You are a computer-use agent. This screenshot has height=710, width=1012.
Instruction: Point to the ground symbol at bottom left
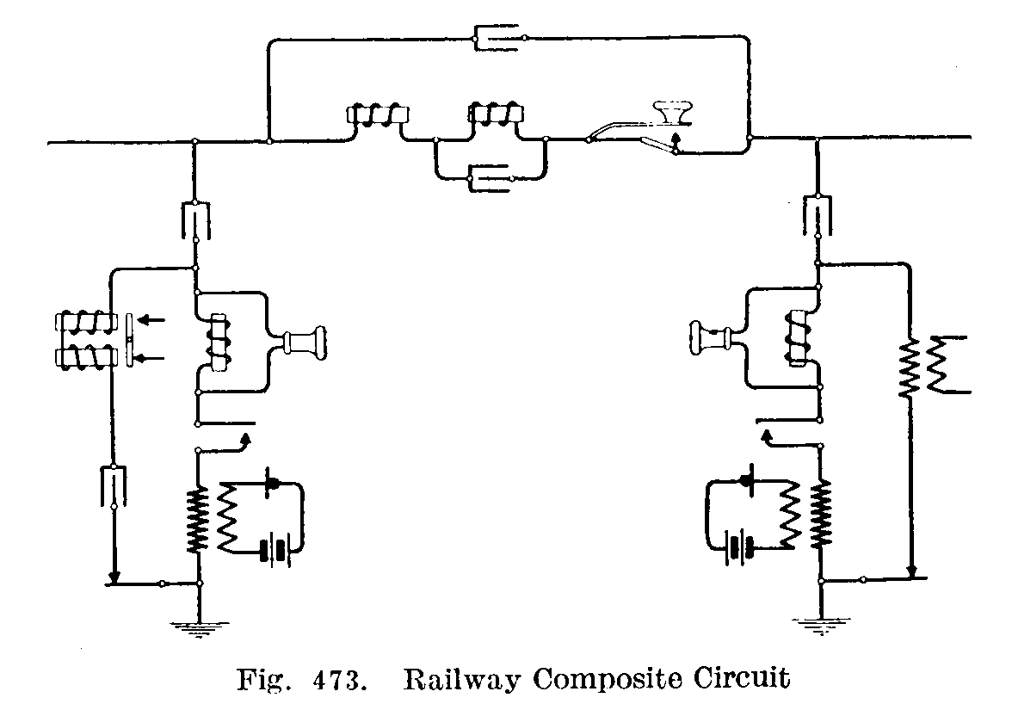pyautogui.click(x=199, y=626)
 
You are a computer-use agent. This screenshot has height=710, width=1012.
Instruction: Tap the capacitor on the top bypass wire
pyautogui.click(x=499, y=37)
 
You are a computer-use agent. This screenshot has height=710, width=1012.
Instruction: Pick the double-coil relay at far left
pyautogui.click(x=84, y=341)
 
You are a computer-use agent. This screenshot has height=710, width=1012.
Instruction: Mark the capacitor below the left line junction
pyautogui.click(x=197, y=219)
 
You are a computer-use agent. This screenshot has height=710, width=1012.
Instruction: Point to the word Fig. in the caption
pyautogui.click(x=260, y=679)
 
